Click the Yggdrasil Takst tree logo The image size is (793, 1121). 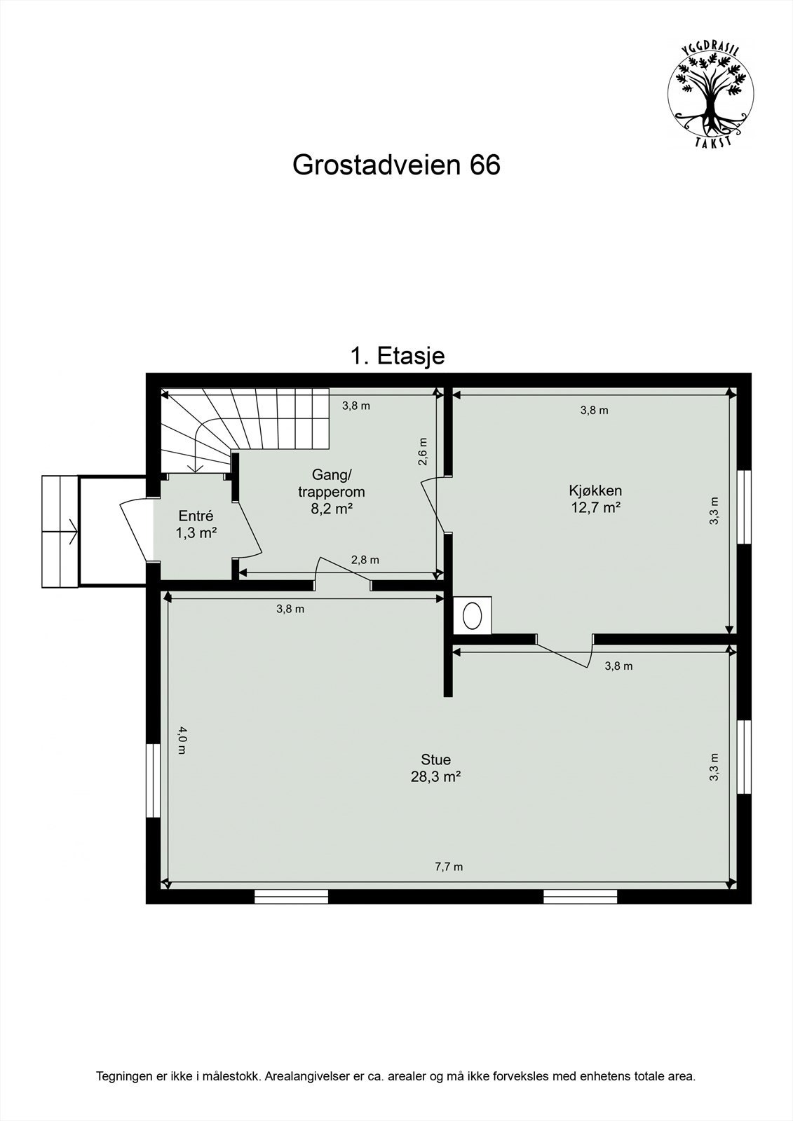tap(710, 94)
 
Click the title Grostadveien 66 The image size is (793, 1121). tap(396, 165)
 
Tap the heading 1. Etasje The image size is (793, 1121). tap(397, 356)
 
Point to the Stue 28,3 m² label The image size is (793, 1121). tap(435, 768)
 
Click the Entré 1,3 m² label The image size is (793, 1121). tap(196, 524)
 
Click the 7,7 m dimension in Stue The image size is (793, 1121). tap(449, 867)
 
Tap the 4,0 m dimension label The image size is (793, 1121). tap(182, 740)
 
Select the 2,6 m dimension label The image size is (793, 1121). tap(422, 452)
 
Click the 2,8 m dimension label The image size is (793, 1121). tap(365, 560)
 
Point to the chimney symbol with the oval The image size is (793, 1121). tap(472, 614)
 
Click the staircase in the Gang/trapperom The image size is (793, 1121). tap(245, 424)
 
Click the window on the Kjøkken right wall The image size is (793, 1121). tap(745, 507)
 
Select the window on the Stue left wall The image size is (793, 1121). tap(151, 780)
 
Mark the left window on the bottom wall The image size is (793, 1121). tap(291, 896)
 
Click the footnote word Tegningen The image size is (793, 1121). tap(123, 1076)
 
